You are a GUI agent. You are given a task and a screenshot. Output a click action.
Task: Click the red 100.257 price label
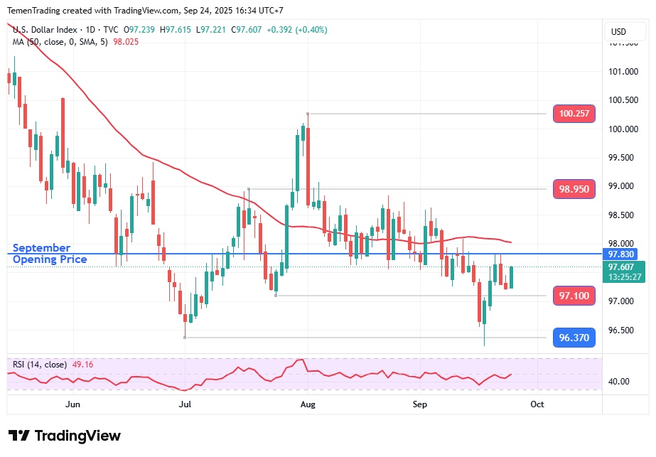[x=574, y=114]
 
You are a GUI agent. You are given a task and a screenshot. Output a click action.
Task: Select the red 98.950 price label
[x=574, y=189]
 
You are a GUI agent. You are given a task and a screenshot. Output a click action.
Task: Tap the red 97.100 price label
[x=574, y=296]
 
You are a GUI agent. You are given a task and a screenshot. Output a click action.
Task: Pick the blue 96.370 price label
[x=574, y=338]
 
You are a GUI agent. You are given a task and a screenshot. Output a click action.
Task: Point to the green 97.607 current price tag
[x=623, y=267]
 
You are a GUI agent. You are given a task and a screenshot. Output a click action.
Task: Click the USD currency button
[x=618, y=31]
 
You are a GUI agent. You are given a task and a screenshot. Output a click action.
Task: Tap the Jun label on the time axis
[x=72, y=404]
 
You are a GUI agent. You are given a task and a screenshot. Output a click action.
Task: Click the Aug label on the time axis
[x=308, y=404]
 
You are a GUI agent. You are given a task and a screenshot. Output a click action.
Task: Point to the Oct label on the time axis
[x=537, y=404]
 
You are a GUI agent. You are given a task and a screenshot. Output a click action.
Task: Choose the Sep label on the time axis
[x=420, y=404]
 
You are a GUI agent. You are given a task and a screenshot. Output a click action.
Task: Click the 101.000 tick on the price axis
[x=623, y=71]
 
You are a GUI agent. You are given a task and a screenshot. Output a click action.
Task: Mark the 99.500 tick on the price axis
[x=623, y=157]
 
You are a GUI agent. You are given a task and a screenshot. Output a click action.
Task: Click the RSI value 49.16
[x=82, y=365]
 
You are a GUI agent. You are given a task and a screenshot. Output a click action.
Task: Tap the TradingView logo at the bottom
[x=65, y=436]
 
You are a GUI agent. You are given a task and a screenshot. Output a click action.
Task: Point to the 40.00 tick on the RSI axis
[x=619, y=382]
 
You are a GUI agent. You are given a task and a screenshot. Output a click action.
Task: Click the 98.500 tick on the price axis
[x=623, y=215]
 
